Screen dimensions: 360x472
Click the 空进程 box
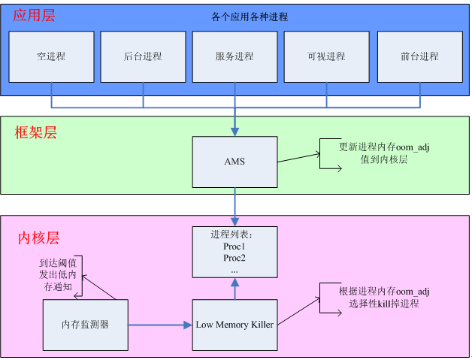51,56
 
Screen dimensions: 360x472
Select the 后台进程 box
143,56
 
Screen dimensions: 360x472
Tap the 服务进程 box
234,56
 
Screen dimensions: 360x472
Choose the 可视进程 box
326,56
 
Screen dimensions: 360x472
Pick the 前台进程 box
419,56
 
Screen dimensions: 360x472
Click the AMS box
234,162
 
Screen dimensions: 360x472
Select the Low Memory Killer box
234,325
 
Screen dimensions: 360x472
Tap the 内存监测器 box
85,325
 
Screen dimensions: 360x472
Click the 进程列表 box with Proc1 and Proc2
234,251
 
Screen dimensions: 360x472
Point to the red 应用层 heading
34,15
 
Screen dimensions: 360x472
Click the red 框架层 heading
36,133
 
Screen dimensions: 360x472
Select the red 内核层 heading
38,238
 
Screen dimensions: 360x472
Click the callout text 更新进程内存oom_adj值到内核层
384,153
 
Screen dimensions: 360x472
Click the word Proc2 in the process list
234,258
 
